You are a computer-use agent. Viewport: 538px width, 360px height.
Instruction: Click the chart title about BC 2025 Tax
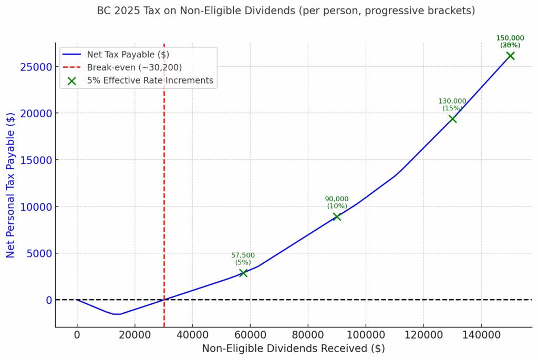(x=286, y=11)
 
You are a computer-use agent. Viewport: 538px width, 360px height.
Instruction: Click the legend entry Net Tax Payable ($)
(x=128, y=54)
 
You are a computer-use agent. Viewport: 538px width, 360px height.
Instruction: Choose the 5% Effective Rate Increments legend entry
(x=150, y=80)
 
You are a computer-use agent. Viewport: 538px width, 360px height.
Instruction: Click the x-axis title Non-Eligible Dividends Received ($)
(x=293, y=348)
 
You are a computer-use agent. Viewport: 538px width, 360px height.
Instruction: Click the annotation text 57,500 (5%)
(x=243, y=259)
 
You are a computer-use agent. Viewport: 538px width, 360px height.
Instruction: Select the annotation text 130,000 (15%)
(x=452, y=105)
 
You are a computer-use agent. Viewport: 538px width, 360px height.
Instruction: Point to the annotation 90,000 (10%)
(x=336, y=202)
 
